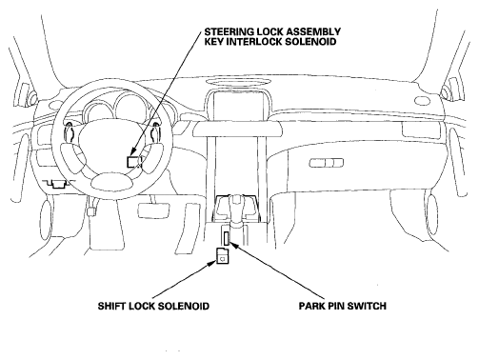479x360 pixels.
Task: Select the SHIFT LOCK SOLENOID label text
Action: tap(153, 306)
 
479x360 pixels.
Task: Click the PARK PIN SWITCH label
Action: tap(343, 306)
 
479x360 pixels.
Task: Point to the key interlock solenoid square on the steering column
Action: tap(133, 162)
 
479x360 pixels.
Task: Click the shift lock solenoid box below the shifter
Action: tap(222, 255)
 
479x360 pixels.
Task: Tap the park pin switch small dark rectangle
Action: tap(226, 238)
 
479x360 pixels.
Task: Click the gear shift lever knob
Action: tap(236, 201)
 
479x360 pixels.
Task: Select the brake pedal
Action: tap(153, 210)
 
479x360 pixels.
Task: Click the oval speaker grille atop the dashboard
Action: tap(236, 83)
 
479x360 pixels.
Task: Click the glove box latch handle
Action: tap(327, 163)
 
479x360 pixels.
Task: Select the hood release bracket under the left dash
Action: tap(57, 184)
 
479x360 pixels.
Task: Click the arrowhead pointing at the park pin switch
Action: tap(232, 245)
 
